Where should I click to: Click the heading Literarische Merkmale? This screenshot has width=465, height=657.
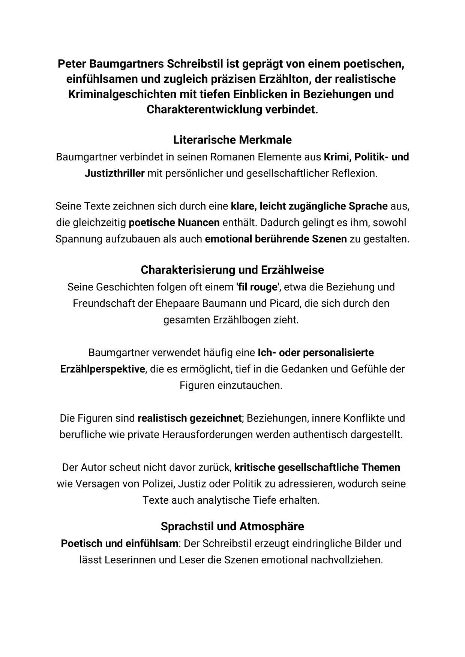click(x=232, y=140)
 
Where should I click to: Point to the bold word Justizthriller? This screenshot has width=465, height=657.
click(x=114, y=174)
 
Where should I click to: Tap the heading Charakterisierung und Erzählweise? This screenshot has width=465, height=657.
click(x=232, y=270)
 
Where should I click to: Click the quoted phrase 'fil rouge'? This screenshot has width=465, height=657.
click(x=258, y=287)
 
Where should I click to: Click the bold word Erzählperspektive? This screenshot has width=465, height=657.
click(x=102, y=369)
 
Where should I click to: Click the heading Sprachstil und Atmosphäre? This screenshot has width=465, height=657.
click(x=232, y=526)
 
